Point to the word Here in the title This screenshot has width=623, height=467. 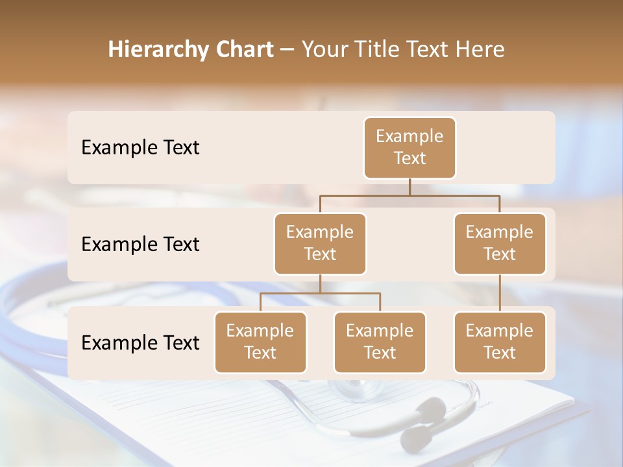[480, 49]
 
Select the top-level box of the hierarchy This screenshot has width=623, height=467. [409, 147]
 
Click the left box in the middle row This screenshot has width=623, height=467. [320, 243]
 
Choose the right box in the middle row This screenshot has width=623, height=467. [500, 243]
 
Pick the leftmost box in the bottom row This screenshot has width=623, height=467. [260, 342]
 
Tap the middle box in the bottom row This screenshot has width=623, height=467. [380, 342]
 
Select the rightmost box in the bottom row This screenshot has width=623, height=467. [500, 342]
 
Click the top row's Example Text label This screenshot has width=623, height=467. [140, 147]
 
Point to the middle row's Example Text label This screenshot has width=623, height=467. [140, 244]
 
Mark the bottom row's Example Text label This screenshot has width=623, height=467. [140, 342]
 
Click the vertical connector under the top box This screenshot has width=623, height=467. [409, 187]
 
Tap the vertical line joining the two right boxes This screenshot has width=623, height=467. [500, 293]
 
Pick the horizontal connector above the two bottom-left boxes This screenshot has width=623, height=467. [320, 293]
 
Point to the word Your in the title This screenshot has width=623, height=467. [325, 49]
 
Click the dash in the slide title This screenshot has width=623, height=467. [287, 50]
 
